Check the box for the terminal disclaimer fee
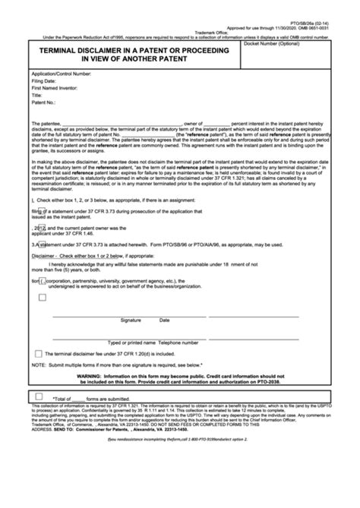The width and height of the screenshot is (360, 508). click(x=38, y=354)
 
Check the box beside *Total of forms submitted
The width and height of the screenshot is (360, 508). click(x=38, y=396)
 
